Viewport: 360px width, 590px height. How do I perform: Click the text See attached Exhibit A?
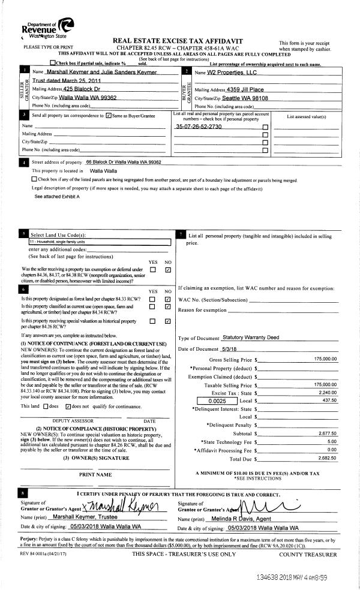coord(57,196)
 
